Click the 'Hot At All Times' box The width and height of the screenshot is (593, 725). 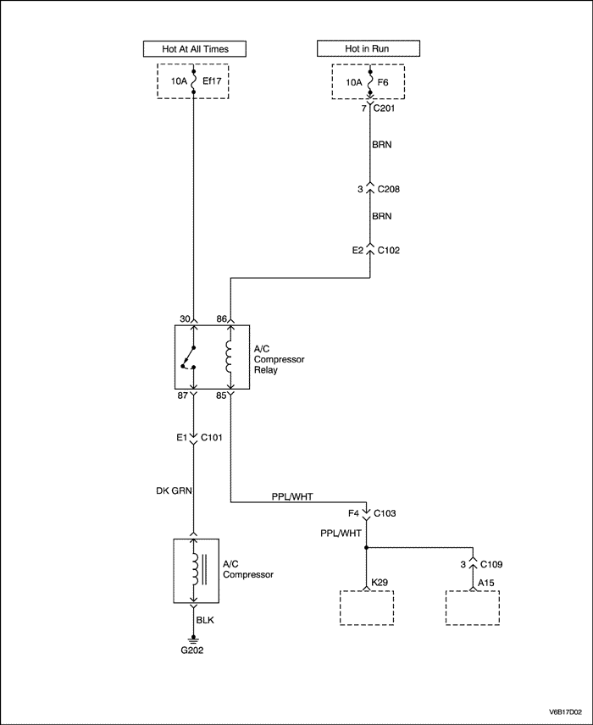[195, 48]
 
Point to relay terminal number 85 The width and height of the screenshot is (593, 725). [221, 396]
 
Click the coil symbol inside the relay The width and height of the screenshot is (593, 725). [229, 357]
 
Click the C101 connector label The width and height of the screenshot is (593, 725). [214, 440]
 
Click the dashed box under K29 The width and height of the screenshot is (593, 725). [367, 608]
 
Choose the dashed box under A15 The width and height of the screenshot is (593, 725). [472, 608]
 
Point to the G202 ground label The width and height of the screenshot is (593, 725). [193, 650]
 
